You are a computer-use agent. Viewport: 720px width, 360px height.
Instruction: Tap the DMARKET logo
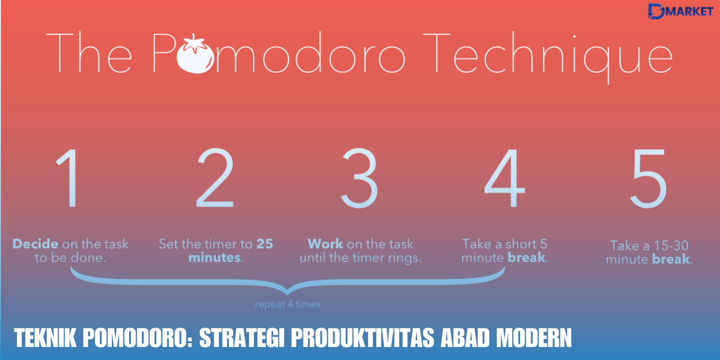tap(680, 11)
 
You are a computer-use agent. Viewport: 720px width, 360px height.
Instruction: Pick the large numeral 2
tap(215, 180)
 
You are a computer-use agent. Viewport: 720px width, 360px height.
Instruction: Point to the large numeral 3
tap(360, 180)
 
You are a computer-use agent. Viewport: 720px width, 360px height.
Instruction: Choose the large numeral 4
tap(505, 180)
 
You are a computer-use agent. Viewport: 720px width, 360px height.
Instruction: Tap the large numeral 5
tap(649, 180)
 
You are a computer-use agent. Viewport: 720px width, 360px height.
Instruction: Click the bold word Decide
tap(36, 244)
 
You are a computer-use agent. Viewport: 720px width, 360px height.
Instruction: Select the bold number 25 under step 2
tap(265, 244)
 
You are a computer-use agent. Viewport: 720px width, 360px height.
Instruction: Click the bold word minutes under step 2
tap(214, 258)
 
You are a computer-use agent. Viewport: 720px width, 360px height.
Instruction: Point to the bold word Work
tap(325, 244)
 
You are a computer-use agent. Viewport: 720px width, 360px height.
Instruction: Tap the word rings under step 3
tap(404, 258)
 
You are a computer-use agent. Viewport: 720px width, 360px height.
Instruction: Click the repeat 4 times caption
tap(288, 304)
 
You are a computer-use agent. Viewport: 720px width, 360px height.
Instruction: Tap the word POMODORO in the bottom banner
tap(136, 339)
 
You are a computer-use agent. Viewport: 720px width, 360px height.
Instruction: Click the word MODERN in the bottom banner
tap(534, 339)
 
